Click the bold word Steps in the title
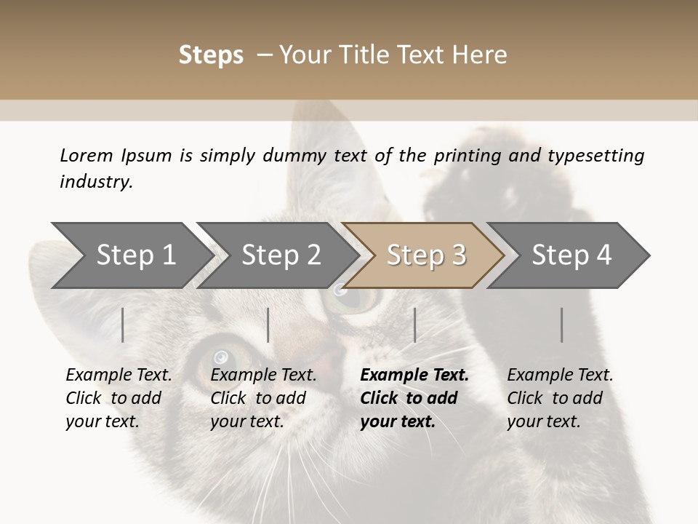coord(211,55)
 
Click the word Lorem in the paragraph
coord(87,155)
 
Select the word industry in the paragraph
coord(95,182)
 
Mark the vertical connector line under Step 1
coord(122,325)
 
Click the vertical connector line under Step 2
coord(268,325)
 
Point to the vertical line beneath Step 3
coord(415,325)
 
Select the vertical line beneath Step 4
coord(562,325)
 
